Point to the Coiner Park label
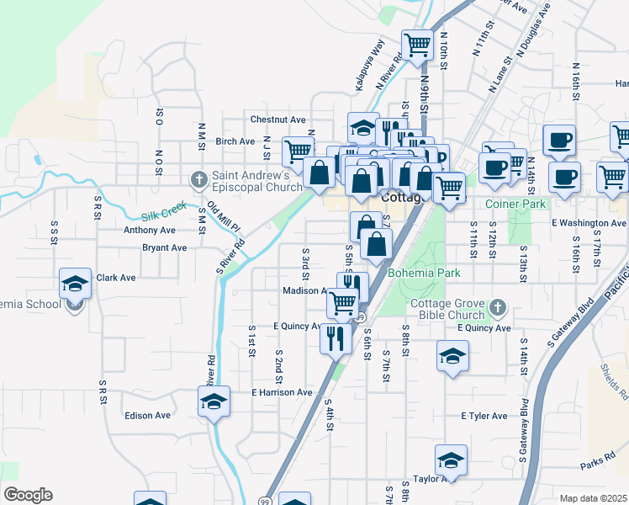(x=515, y=204)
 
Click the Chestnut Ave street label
(x=277, y=120)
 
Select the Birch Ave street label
(x=235, y=141)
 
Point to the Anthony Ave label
(x=149, y=230)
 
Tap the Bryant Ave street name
(x=164, y=248)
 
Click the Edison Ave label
(x=147, y=415)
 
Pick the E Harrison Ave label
(x=282, y=392)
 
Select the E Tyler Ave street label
(x=484, y=416)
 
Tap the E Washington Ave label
(x=589, y=223)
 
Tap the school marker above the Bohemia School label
(x=75, y=284)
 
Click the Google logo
(x=27, y=495)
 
